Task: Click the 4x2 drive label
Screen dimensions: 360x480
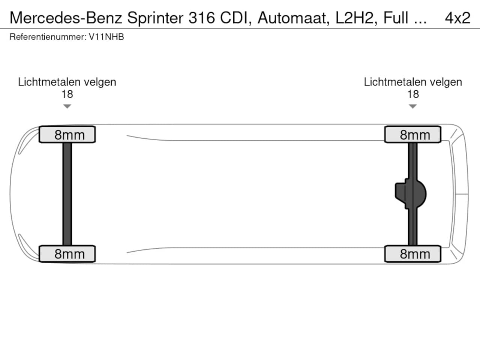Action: (x=457, y=18)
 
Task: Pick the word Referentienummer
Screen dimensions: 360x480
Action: (x=47, y=37)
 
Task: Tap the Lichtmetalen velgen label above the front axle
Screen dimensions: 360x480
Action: (x=67, y=82)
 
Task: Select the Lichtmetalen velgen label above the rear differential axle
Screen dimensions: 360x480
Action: (x=412, y=82)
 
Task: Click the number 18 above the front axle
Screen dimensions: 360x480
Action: (x=67, y=94)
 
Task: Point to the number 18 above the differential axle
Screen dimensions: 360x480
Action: (x=412, y=94)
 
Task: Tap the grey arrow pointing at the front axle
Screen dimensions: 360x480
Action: (x=67, y=106)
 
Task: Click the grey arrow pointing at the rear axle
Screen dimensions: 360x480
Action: (x=412, y=106)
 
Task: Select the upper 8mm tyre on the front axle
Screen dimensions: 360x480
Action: (x=67, y=135)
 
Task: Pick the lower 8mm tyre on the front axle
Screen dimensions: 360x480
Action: (x=67, y=254)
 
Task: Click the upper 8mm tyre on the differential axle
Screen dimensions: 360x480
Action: (x=412, y=135)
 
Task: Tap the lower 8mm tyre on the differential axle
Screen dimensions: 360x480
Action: (x=412, y=254)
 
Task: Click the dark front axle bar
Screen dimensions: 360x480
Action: (x=67, y=194)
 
